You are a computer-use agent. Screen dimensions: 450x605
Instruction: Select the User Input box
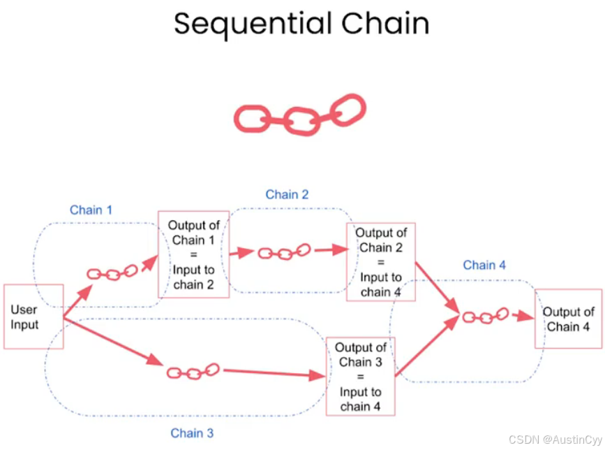coord(33,317)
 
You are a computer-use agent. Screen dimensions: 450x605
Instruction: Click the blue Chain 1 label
coord(91,210)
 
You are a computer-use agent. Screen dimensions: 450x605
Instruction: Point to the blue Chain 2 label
coord(287,194)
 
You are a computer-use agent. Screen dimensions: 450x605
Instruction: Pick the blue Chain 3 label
coord(192,433)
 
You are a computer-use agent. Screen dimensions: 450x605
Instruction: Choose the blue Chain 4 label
coord(484,265)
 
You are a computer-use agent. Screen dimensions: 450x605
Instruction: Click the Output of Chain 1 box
coord(194,254)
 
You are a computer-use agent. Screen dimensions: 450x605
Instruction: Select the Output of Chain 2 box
coord(381,262)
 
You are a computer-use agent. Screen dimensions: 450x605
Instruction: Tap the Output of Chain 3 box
coord(361,377)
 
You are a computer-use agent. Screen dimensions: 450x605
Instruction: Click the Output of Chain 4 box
coord(568,319)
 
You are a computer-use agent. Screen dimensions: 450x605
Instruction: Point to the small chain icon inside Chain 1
coord(112,273)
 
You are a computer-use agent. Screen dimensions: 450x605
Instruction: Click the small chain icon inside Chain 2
coord(284,252)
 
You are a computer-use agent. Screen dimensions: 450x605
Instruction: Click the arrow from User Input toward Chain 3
coord(112,340)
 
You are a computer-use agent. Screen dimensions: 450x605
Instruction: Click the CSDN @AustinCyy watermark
coord(555,440)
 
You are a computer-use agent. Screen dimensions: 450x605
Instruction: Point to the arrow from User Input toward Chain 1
coord(77,303)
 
